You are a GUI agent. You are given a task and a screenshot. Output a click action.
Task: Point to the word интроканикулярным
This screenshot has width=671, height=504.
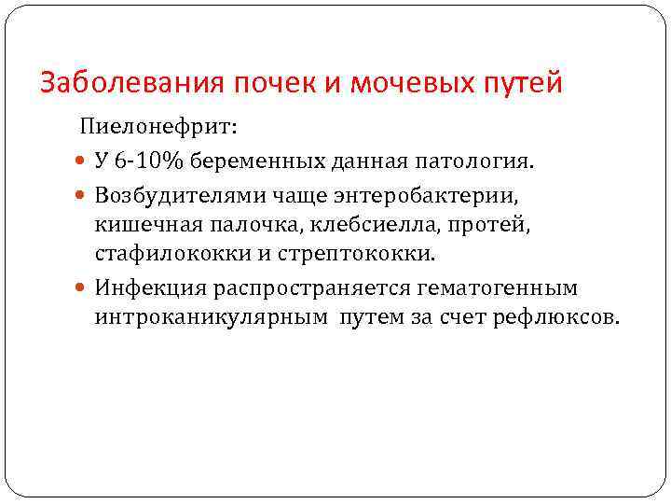(210, 316)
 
